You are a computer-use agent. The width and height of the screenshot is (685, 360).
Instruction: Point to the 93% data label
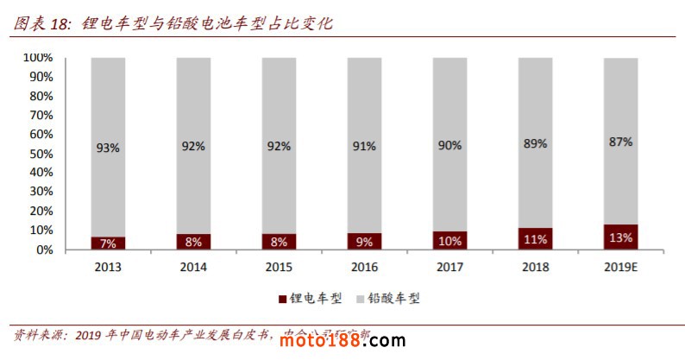(x=108, y=147)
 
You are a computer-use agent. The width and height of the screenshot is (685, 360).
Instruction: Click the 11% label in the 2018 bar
(x=535, y=239)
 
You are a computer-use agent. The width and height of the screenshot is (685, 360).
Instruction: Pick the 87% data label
(x=620, y=142)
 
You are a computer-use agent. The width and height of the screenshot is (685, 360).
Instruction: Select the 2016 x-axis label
(x=364, y=267)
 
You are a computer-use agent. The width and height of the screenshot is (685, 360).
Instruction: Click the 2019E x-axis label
(x=620, y=267)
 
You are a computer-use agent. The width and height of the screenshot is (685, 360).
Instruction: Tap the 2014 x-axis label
(x=193, y=267)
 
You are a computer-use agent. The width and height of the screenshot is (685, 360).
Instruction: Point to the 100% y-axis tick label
(x=38, y=58)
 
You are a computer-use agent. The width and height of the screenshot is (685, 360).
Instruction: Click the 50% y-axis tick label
(x=41, y=154)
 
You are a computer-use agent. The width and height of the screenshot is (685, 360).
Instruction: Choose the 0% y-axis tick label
(x=45, y=249)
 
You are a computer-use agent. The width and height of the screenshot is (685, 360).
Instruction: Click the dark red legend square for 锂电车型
(x=282, y=299)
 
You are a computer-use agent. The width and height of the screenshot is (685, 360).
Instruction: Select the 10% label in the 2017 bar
(x=449, y=240)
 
